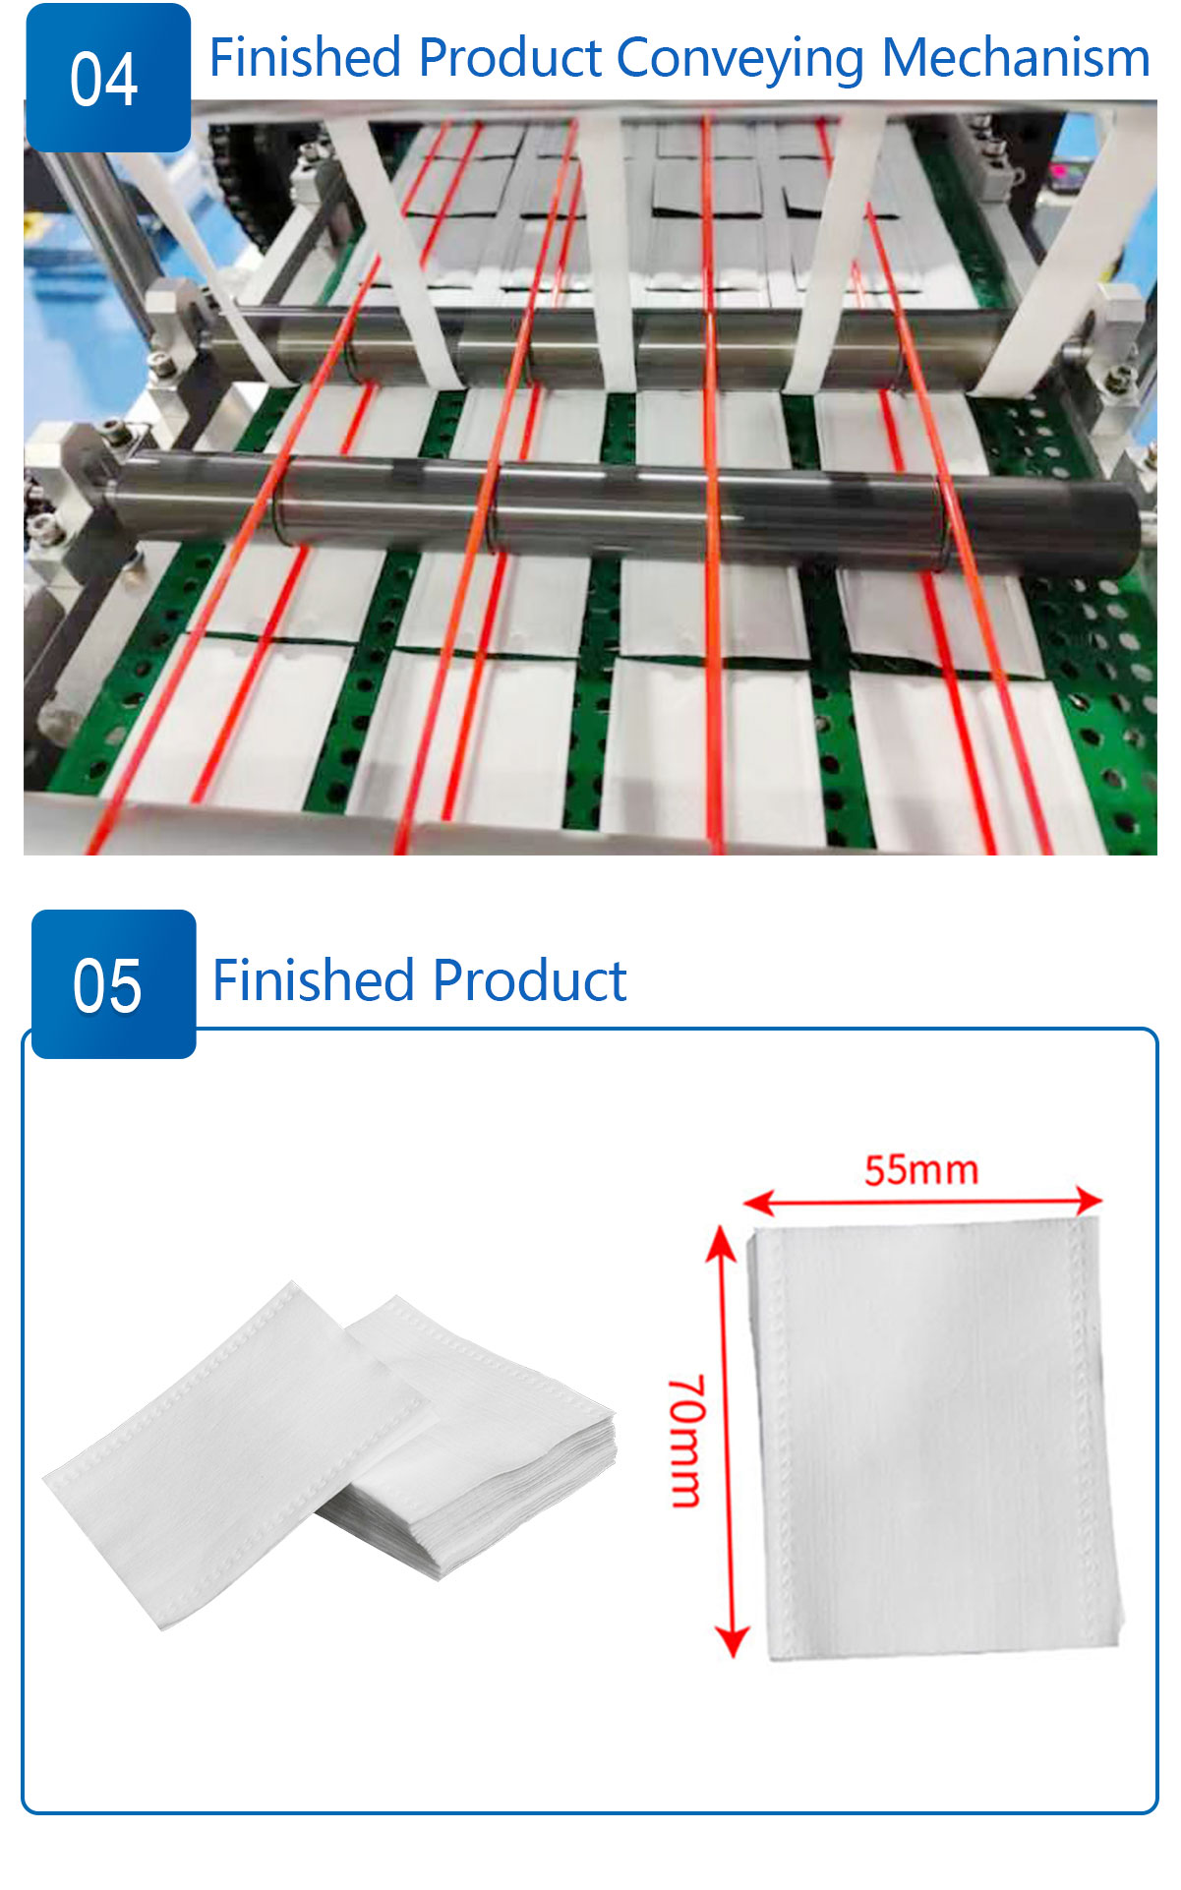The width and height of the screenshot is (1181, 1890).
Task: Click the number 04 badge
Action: tap(107, 78)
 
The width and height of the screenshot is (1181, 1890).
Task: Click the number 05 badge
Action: tap(113, 983)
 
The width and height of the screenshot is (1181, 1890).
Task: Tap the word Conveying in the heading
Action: tap(741, 59)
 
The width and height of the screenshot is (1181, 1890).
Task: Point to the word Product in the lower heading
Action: tap(529, 980)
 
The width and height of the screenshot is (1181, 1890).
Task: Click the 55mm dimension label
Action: tap(921, 1170)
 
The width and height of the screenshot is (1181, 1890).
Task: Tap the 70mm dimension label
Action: tap(686, 1441)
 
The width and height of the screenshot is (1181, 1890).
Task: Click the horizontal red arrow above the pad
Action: tap(922, 1201)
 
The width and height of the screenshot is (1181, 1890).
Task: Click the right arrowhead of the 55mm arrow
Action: tap(1089, 1200)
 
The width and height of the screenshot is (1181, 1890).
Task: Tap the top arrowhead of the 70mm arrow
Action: tap(723, 1241)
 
